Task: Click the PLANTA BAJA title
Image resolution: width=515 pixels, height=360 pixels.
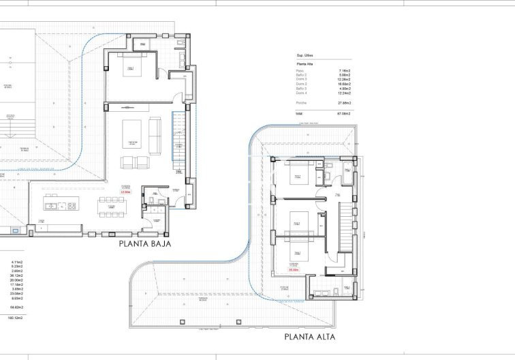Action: click(x=144, y=243)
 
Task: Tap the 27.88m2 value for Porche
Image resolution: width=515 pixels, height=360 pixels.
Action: click(x=344, y=102)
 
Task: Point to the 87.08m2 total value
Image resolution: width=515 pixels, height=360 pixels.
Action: click(x=344, y=115)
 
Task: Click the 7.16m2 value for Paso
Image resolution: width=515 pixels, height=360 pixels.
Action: click(x=344, y=70)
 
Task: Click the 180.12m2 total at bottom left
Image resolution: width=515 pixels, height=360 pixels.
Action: click(x=15, y=318)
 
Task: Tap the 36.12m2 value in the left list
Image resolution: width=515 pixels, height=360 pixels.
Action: click(x=17, y=275)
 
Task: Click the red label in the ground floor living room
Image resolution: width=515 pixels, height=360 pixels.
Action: click(x=125, y=192)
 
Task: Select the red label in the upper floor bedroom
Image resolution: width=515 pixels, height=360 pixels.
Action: click(x=294, y=270)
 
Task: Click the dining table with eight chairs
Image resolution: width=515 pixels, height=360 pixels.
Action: click(x=110, y=206)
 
